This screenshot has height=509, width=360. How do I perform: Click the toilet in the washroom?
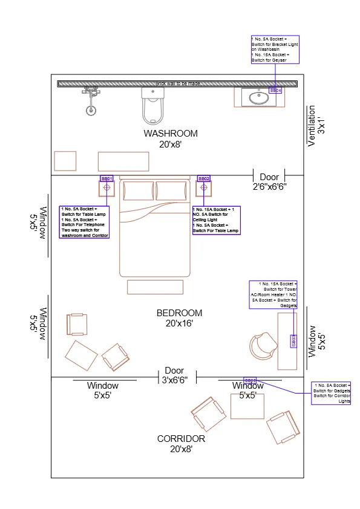(152, 106)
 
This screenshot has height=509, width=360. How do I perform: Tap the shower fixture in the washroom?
(91, 100)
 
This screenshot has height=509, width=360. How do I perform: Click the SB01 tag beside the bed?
(106, 179)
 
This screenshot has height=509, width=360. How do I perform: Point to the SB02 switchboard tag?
(204, 179)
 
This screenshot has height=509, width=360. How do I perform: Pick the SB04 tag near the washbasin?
(275, 90)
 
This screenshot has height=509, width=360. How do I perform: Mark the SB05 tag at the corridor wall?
(250, 380)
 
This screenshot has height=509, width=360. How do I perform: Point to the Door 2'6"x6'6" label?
(269, 182)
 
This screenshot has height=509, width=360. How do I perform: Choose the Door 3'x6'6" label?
(174, 375)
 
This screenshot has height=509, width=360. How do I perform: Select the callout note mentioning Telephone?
(84, 222)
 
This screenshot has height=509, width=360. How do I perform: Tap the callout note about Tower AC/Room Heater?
(273, 294)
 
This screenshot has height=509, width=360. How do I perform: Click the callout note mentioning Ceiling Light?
(216, 220)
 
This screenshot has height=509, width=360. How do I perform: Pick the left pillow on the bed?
(139, 190)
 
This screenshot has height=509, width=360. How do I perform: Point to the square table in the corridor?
(247, 406)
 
